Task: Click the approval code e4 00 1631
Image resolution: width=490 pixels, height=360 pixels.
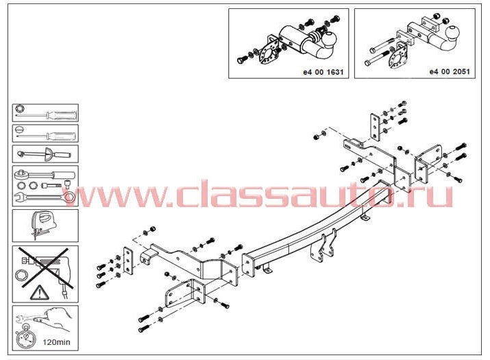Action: click(x=323, y=72)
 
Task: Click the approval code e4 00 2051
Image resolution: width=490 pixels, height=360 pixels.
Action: click(x=450, y=71)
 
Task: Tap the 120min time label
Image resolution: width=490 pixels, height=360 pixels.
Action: click(x=56, y=342)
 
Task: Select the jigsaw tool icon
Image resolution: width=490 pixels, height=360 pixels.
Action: click(x=43, y=225)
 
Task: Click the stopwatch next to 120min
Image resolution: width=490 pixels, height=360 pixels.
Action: click(x=25, y=339)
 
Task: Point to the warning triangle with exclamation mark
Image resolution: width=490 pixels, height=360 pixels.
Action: click(x=39, y=293)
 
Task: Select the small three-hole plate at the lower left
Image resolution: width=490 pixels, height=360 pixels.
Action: click(x=128, y=261)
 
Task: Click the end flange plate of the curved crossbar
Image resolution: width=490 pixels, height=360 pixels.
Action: click(x=249, y=265)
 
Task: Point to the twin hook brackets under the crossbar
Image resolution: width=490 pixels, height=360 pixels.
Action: click(x=324, y=246)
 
